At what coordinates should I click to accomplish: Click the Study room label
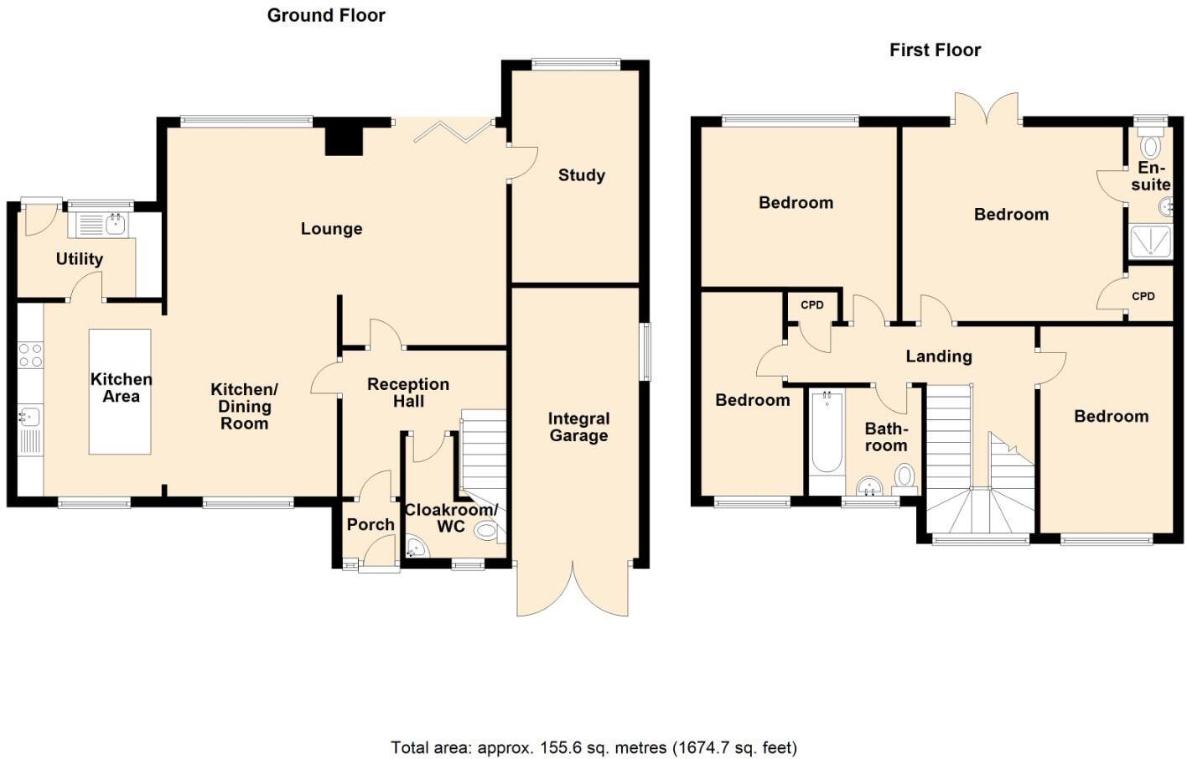click(x=581, y=175)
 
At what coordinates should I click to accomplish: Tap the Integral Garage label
click(x=578, y=427)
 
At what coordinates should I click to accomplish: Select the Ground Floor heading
click(x=326, y=15)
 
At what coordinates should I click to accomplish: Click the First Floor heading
click(x=935, y=50)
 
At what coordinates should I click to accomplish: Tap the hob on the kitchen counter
click(x=30, y=355)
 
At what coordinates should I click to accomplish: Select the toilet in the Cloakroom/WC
click(x=486, y=530)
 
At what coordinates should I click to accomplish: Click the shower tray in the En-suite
click(x=1150, y=242)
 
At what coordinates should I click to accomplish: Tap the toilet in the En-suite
click(x=1150, y=145)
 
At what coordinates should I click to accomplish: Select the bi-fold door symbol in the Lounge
click(x=453, y=132)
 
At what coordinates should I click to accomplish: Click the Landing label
click(x=938, y=356)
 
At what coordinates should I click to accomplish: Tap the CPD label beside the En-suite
click(x=1143, y=296)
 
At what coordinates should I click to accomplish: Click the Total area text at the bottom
click(x=593, y=747)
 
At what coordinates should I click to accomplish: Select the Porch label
click(x=371, y=524)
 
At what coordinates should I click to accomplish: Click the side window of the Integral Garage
click(x=645, y=351)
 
